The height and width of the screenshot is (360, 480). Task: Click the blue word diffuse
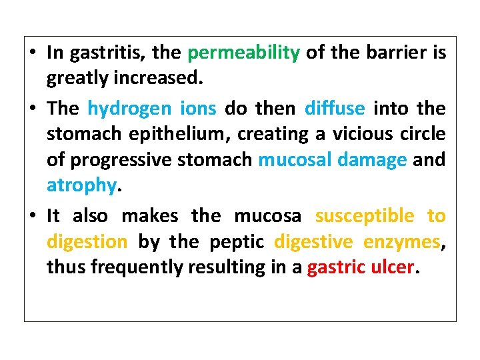coord(335,107)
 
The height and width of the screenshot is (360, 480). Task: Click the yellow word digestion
coord(87,242)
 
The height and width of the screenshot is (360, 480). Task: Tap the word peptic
coord(238,242)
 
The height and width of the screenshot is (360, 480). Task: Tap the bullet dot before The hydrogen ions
coord(33,108)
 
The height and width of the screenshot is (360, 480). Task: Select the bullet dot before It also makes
coord(33,217)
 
